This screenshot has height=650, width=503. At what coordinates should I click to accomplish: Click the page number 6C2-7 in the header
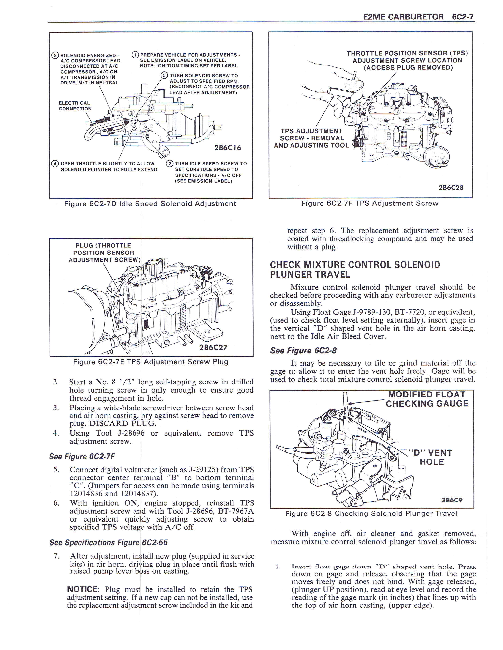(463, 17)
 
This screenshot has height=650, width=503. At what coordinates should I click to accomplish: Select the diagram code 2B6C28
(451, 188)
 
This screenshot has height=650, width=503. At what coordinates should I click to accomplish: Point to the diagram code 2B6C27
(213, 347)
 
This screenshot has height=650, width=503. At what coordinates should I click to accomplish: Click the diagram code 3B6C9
(452, 500)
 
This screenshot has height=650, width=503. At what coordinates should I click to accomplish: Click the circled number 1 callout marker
(135, 55)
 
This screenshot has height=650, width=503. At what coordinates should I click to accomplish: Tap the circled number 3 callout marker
(55, 55)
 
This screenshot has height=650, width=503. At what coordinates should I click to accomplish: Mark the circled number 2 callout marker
(170, 164)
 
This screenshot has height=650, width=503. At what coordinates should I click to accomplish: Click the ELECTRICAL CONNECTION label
(75, 106)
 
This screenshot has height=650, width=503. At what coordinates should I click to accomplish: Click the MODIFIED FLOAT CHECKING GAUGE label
(427, 399)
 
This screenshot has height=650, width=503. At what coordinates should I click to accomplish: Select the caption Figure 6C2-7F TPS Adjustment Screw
(370, 204)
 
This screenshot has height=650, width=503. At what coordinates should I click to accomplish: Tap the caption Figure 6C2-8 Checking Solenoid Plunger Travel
(371, 513)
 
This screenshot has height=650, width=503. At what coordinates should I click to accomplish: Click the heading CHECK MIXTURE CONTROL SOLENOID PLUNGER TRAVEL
(355, 269)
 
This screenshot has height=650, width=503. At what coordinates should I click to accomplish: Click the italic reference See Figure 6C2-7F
(82, 456)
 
